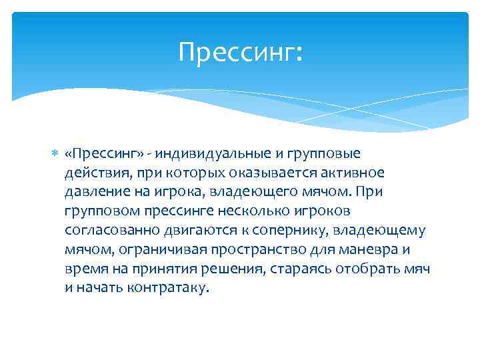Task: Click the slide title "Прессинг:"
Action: tap(240, 51)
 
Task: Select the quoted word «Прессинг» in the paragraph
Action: tap(100, 154)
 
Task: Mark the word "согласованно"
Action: tap(107, 231)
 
